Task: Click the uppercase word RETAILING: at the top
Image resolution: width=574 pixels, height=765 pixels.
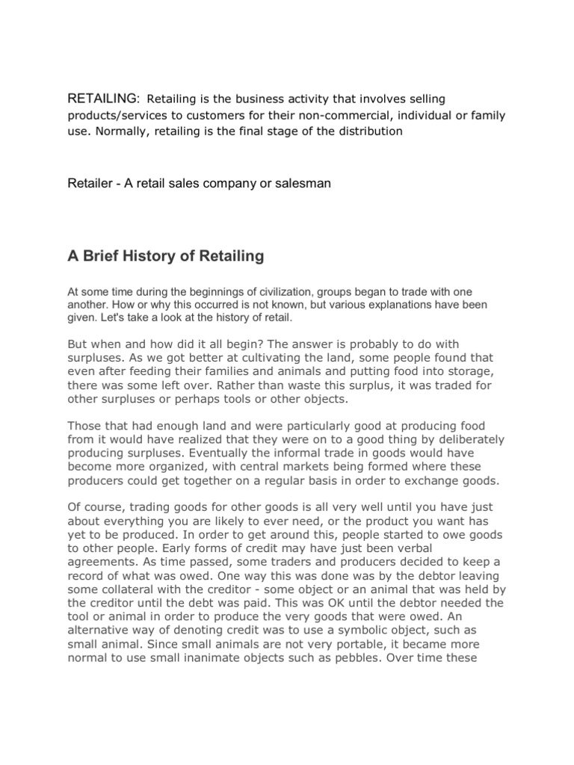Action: (x=104, y=99)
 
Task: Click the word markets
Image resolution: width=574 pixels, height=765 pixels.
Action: (x=307, y=467)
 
